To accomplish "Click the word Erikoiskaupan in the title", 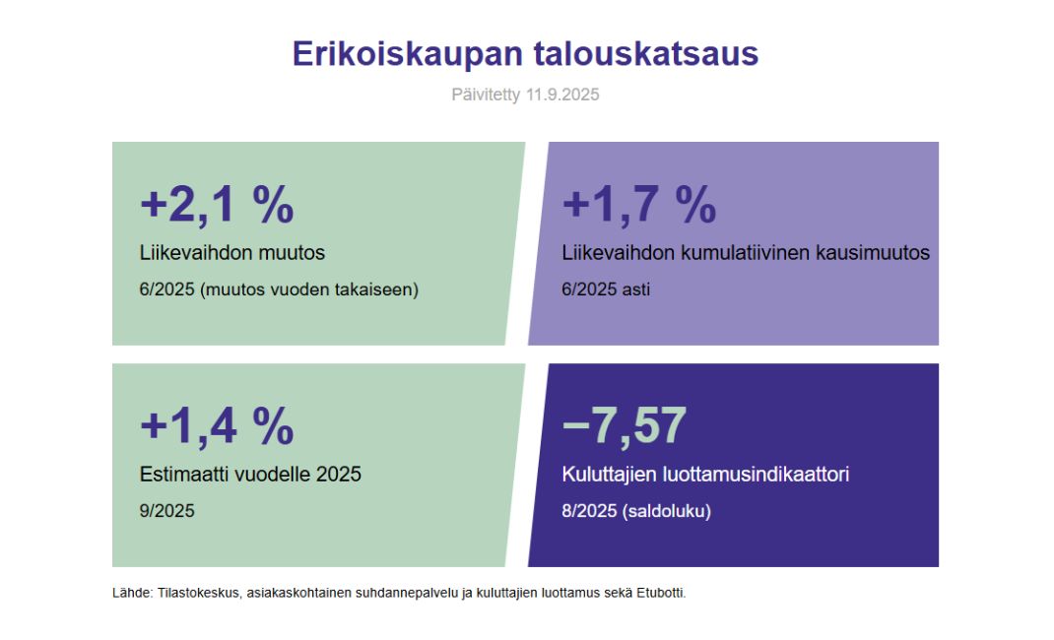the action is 408,55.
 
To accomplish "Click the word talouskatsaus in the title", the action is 646,54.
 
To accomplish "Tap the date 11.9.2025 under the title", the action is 561,95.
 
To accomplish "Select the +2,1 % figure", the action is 217,204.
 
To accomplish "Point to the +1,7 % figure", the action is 639,204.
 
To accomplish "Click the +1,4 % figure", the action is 217,425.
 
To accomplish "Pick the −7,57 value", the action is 624,425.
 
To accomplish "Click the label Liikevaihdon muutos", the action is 231,253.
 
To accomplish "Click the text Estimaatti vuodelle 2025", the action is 250,475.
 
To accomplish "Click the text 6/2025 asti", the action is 606,289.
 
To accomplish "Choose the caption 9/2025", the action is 166,511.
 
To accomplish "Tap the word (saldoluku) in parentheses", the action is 666,512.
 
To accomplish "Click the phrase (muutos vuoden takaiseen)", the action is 309,290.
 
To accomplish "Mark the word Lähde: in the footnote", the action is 132,593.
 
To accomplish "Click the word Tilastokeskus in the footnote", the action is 198,594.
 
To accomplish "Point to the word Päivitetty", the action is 486,95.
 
